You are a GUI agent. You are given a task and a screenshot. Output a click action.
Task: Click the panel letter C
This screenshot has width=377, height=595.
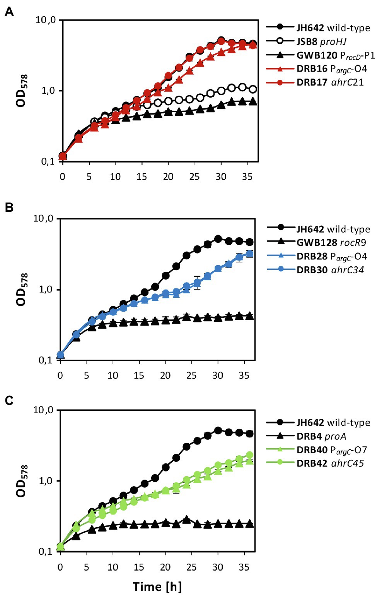tap(9, 400)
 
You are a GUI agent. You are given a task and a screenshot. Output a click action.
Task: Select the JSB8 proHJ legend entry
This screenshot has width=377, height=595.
tap(321, 41)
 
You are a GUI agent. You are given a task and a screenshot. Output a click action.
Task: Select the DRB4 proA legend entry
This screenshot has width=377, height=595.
tap(321, 436)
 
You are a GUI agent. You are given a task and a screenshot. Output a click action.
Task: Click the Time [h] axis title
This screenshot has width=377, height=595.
tap(157, 586)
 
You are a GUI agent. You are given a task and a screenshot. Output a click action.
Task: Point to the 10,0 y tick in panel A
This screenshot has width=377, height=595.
tap(46, 20)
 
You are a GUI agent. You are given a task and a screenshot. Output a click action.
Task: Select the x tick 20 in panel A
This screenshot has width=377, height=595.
tap(168, 177)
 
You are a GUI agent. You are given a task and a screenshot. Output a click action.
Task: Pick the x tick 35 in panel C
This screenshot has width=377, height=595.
tap(244, 567)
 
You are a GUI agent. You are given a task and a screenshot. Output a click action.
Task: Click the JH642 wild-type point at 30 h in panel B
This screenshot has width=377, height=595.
tap(218, 239)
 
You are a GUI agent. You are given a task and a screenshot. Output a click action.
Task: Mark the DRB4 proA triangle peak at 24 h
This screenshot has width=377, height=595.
tap(186, 519)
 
